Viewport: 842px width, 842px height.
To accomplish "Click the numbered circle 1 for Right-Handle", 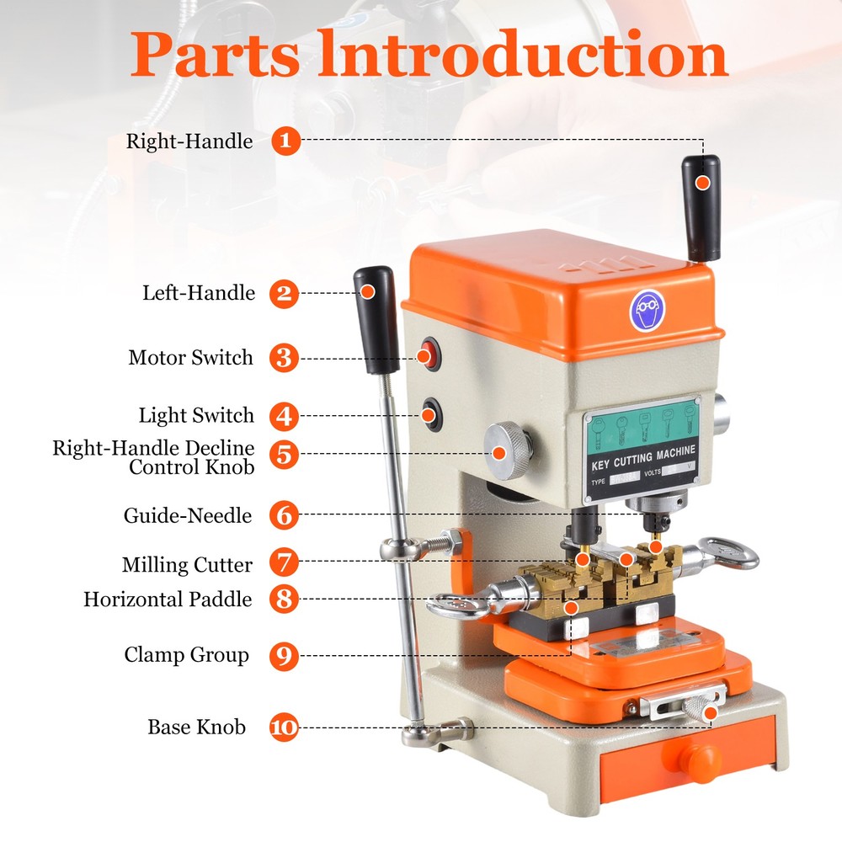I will [x=285, y=140].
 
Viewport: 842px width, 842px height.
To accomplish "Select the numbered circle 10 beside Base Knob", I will [x=285, y=727].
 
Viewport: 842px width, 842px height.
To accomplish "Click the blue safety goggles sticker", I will [x=646, y=311].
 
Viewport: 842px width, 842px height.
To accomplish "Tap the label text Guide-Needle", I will [x=188, y=515].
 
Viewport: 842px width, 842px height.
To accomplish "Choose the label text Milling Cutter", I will [x=187, y=563].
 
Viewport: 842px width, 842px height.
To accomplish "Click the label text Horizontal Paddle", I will [x=168, y=600].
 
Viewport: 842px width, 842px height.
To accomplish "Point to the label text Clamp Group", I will [x=187, y=654].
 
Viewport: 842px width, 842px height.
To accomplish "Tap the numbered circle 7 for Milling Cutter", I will [x=285, y=562].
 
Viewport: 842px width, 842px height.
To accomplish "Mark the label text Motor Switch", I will [x=190, y=358].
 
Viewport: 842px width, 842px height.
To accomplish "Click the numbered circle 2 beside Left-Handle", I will [x=285, y=293].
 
